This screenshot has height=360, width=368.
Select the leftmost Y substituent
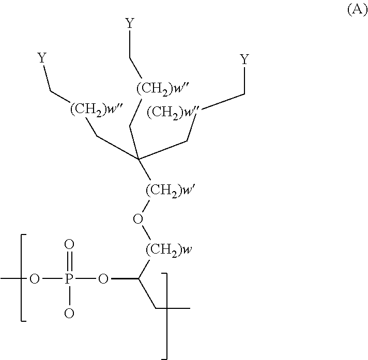click(x=42, y=58)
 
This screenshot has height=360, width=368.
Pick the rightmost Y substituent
click(x=245, y=59)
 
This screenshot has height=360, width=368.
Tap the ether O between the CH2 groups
click(x=137, y=220)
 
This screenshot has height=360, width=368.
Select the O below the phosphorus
click(x=69, y=312)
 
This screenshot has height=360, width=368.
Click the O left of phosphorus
click(x=35, y=279)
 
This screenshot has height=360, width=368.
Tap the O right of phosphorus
click(x=103, y=279)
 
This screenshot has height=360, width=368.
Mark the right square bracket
click(x=165, y=315)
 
